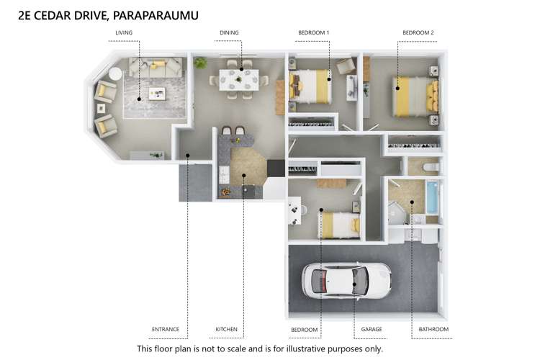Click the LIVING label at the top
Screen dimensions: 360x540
[x=124, y=32]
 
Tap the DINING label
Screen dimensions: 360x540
[x=230, y=32]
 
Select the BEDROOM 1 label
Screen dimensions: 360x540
[x=314, y=32]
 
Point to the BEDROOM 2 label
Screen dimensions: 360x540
[x=418, y=32]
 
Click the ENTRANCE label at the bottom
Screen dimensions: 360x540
[x=165, y=329]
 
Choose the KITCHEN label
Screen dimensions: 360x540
[x=226, y=329]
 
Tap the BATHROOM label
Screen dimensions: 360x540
[x=433, y=329]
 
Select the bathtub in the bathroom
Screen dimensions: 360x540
[x=431, y=197]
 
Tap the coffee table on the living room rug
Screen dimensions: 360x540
[x=157, y=93]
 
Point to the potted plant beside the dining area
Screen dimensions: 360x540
[x=201, y=63]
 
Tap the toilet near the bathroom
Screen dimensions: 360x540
[x=430, y=167]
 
